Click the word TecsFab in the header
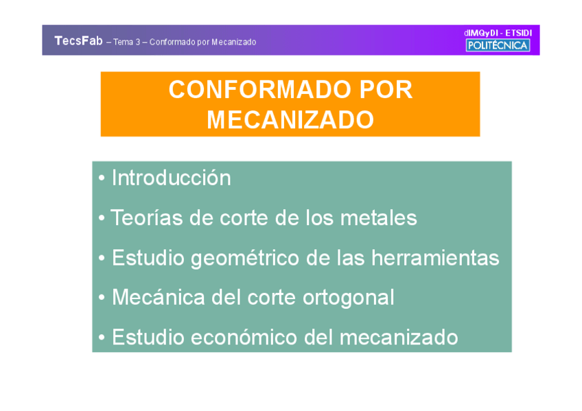pos(78,40)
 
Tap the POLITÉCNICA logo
pos(498,45)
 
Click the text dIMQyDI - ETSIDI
pos(498,33)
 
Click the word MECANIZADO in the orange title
pos(290,119)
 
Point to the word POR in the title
pos(386,89)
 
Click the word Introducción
pos(172,178)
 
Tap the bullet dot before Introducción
pos(102,178)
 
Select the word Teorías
pos(147,218)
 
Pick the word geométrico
pos(245,258)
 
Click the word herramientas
pos(435,257)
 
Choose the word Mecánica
pos(159,297)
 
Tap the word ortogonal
pos(349,298)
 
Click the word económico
pos(244,337)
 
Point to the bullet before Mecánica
pos(102,298)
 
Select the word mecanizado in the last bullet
pos(399,337)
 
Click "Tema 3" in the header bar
pos(126,42)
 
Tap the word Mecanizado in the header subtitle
pos(234,42)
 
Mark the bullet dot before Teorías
pos(102,218)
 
